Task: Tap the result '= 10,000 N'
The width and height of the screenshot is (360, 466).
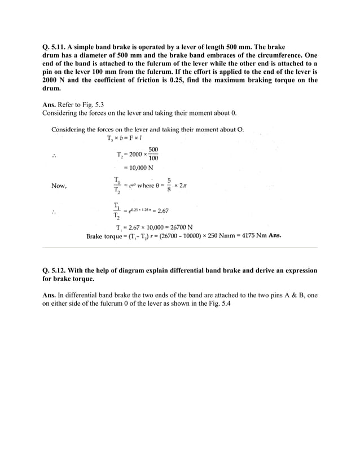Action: pyautogui.click(x=138, y=168)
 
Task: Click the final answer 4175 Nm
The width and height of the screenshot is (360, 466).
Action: pyautogui.click(x=254, y=236)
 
